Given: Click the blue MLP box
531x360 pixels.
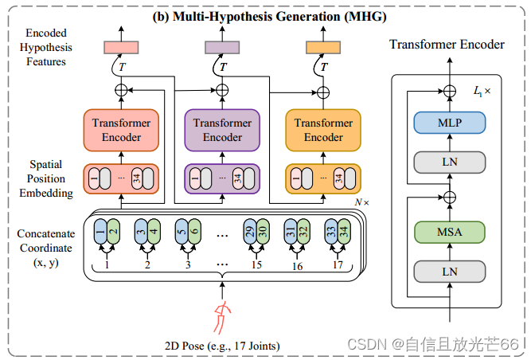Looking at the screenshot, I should click(x=450, y=123).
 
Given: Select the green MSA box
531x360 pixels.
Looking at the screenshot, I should click(x=450, y=233).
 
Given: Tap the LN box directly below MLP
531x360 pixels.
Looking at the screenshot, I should click(x=450, y=162).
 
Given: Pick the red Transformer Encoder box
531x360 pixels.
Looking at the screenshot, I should click(x=120, y=130).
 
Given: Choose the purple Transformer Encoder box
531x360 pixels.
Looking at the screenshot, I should click(x=222, y=130).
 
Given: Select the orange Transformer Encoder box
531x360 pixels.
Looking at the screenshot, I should click(x=323, y=130).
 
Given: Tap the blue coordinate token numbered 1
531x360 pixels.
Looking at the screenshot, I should click(x=100, y=232).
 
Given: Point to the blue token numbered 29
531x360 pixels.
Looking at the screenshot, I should click(x=251, y=232).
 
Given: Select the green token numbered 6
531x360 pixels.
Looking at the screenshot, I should click(x=194, y=232).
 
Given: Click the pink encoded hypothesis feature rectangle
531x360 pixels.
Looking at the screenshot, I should click(x=121, y=48).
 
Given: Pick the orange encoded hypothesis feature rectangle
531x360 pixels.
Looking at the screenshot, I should click(x=323, y=48).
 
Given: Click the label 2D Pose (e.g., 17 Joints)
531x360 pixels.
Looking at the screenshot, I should click(x=226, y=346).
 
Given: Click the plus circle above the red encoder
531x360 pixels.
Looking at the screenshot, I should click(x=121, y=91).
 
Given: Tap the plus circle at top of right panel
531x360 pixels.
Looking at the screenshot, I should click(x=450, y=91).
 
